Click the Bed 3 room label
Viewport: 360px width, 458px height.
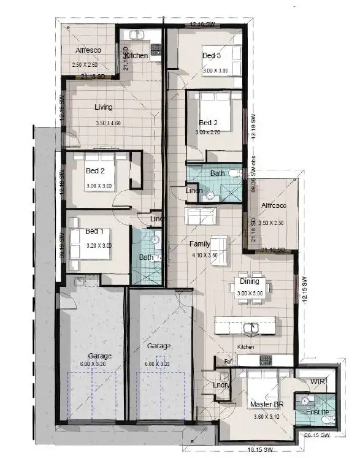(x=212, y=56)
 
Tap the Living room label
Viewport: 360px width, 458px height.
(x=104, y=107)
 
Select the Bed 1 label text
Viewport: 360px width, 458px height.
(x=94, y=231)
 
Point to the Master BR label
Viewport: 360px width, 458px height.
(x=266, y=405)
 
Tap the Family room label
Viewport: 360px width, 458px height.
(x=201, y=243)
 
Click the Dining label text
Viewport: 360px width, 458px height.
(x=249, y=282)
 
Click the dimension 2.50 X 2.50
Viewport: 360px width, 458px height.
(x=85, y=64)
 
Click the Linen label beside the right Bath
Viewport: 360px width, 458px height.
(x=195, y=191)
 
